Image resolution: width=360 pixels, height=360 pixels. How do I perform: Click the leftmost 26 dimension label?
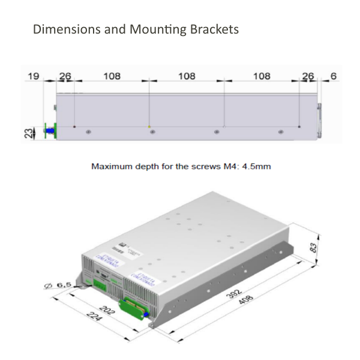tap(65, 76)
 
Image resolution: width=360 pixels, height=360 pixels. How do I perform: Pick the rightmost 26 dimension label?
tap(308, 76)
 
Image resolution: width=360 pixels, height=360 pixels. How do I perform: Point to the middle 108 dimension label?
tap(187, 76)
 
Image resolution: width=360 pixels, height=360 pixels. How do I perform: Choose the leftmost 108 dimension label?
tap(112, 76)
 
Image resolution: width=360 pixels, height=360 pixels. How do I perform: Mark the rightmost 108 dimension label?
tap(262, 76)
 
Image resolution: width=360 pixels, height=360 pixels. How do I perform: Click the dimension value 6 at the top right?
tap(334, 76)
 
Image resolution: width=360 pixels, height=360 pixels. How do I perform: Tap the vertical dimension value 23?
tap(27, 132)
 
